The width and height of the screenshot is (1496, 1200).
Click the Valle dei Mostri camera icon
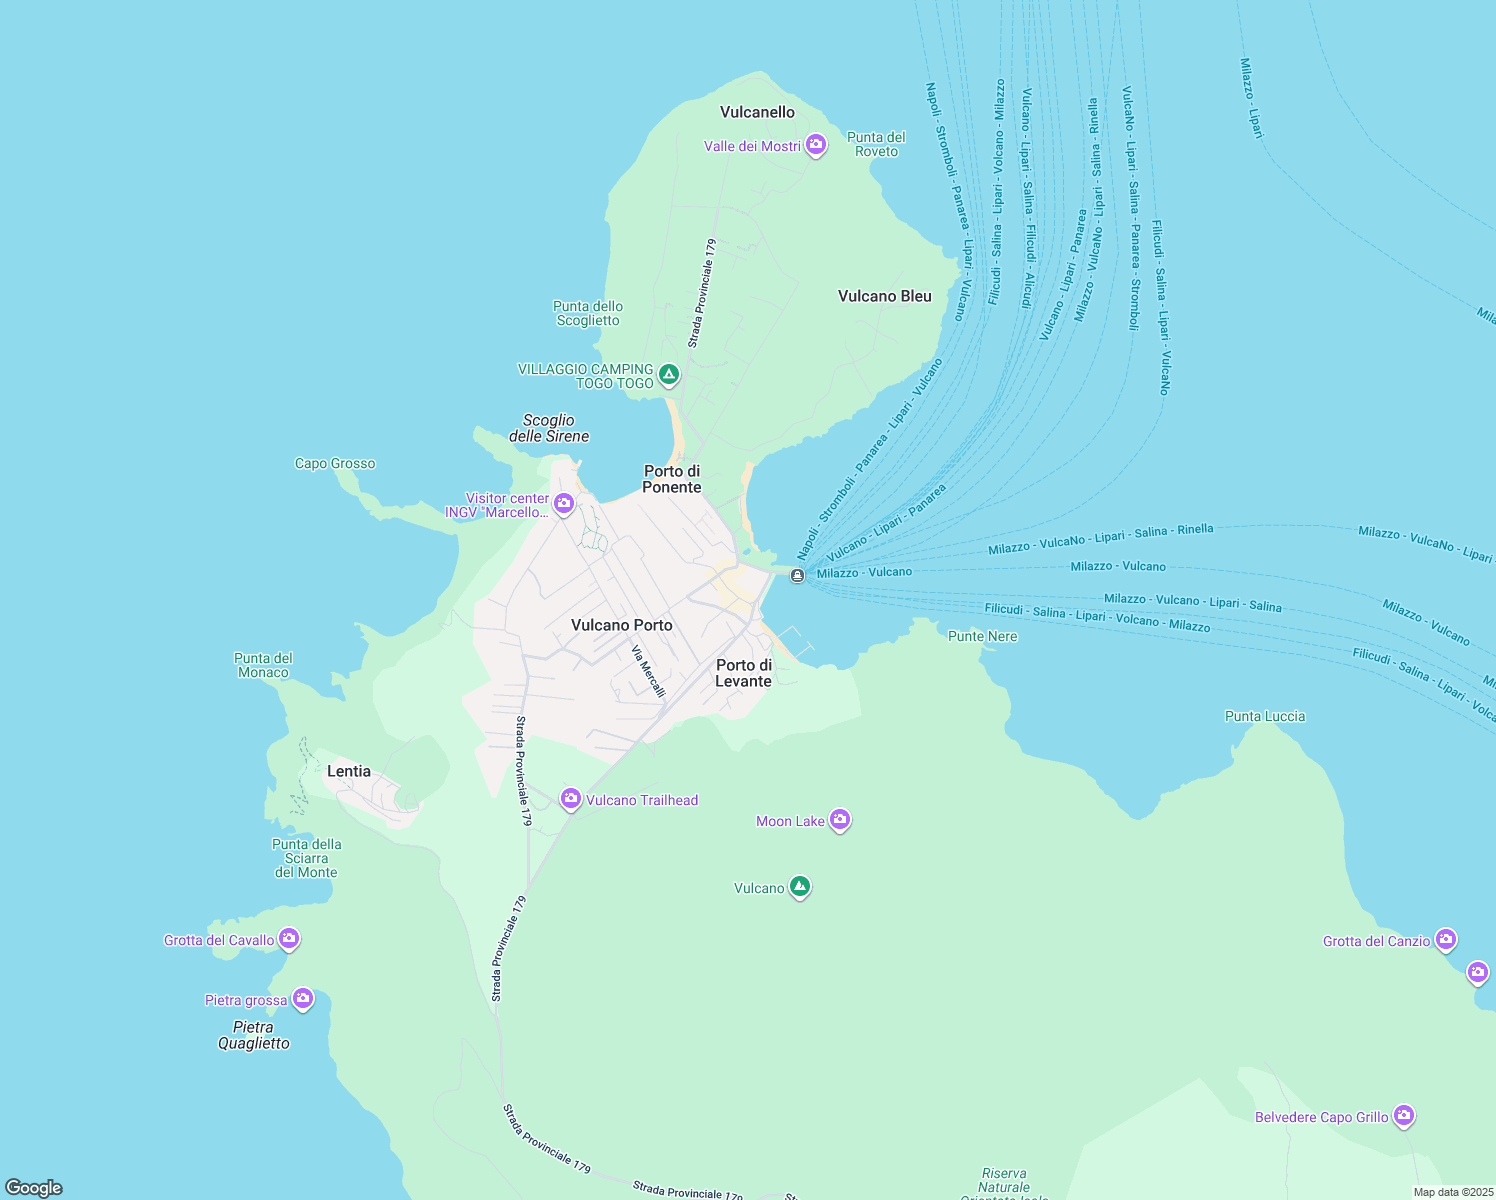[x=816, y=145]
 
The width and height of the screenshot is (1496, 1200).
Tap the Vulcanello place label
[x=757, y=112]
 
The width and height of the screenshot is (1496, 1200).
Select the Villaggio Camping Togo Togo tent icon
[x=669, y=375]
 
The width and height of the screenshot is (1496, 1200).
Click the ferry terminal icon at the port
[x=797, y=575]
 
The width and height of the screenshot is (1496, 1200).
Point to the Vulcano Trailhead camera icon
[x=570, y=798]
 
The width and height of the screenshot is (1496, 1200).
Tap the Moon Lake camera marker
[x=840, y=820]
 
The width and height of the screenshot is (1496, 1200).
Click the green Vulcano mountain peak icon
[x=799, y=886]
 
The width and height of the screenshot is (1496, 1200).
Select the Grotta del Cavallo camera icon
[x=289, y=938]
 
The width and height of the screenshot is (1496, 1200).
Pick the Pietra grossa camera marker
[x=303, y=998]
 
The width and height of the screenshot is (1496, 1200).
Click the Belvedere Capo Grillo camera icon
[x=1404, y=1115]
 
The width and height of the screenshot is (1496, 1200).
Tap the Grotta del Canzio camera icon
[x=1445, y=939]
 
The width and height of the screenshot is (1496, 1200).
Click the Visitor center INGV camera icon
[x=563, y=503]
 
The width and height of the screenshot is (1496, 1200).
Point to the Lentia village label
[x=349, y=771]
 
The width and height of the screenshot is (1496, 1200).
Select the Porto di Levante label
[x=744, y=673]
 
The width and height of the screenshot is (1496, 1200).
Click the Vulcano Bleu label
[x=884, y=296]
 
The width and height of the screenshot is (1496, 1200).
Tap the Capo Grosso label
[x=335, y=463]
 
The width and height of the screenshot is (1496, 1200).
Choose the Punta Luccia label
[x=1265, y=716]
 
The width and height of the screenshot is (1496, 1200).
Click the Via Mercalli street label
[x=648, y=671]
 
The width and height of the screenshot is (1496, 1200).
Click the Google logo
[x=34, y=1187]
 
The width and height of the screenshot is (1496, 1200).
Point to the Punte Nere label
[x=982, y=636]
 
